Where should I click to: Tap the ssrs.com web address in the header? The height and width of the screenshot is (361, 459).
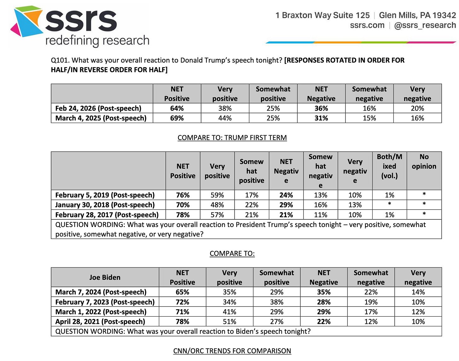pos(367,26)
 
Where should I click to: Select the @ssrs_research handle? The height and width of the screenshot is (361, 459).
pos(425,26)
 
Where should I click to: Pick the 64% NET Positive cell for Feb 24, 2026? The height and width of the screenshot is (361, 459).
pos(177,108)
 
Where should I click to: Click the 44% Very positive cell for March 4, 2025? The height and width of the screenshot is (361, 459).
pos(225,118)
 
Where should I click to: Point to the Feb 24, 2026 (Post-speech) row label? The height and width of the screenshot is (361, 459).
pos(98,108)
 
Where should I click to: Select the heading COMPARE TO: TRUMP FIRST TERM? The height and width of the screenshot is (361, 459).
pos(232,138)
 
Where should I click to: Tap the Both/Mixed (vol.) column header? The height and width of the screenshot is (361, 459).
pos(389,166)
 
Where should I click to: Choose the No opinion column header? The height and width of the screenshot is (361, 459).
pos(424,161)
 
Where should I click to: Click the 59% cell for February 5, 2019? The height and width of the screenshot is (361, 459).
pos(217,195)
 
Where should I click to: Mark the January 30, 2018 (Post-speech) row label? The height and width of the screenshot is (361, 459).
pos(105,205)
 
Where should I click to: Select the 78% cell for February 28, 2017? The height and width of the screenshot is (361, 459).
pos(183,215)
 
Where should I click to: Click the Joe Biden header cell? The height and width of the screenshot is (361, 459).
pos(105,277)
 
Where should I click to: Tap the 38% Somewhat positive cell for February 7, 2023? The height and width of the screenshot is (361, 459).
pos(276,302)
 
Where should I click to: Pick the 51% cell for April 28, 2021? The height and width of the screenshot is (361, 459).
pos(229,322)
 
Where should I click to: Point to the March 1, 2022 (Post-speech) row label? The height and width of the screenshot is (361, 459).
pos(101,312)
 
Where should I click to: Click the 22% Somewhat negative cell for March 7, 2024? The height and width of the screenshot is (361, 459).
pos(371,292)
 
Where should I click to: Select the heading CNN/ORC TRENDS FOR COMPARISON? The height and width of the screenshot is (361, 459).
pos(232,351)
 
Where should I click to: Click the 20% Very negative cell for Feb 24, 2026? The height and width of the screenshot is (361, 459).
pos(417,108)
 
